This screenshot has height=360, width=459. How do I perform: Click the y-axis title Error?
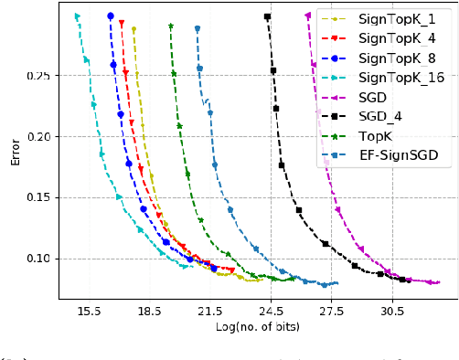15,151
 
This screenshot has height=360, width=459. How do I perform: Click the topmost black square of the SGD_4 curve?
267,16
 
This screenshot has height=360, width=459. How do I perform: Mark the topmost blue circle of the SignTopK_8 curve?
111,16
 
